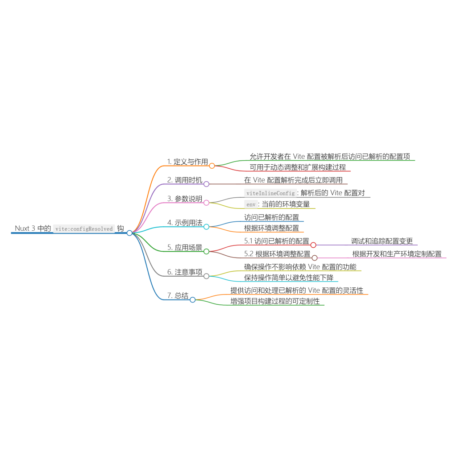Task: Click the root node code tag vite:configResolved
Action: pos(84,228)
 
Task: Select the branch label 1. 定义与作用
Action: pos(187,162)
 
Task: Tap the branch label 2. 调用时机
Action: pos(185,180)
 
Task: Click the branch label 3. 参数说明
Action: pos(185,199)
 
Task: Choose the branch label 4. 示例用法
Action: pos(185,223)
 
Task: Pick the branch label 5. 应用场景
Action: pos(185,247)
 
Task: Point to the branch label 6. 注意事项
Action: pos(185,272)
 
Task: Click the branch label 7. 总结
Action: pos(178,295)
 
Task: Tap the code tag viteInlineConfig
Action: pos(270,193)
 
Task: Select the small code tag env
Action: pos(251,204)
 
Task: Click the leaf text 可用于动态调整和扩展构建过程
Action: pos(298,167)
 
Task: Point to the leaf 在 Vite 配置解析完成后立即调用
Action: pos(293,180)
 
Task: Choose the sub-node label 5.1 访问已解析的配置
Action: pos(277,241)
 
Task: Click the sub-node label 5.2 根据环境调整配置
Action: pos(277,254)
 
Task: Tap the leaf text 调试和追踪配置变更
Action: pos(382,241)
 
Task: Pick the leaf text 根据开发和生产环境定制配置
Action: pos(397,254)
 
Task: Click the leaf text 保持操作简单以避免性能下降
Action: pos(289,278)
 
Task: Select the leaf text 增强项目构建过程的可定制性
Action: pos(275,301)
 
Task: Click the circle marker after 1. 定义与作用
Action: pos(212,166)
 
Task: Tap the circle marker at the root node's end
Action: pos(129,233)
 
